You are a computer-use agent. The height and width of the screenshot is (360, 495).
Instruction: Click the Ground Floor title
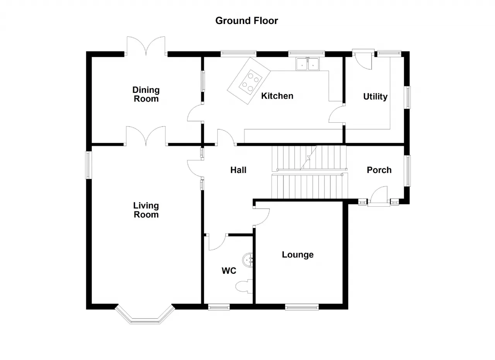coord(246,21)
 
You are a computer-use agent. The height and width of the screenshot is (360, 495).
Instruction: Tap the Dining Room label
coord(146,94)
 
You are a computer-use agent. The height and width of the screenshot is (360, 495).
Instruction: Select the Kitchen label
coord(277,96)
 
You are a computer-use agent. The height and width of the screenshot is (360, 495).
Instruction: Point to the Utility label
coord(375,97)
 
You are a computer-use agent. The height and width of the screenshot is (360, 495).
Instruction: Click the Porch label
coord(379,170)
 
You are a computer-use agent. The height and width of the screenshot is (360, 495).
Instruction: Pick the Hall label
coord(238,170)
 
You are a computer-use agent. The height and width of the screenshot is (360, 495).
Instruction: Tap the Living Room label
coord(146,210)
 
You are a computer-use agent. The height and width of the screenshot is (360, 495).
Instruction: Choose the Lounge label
coord(298,255)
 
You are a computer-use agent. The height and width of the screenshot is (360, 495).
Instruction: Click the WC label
coord(229,271)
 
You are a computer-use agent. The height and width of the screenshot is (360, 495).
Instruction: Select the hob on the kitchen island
coord(250,82)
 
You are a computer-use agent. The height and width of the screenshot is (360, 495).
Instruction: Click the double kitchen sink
coord(307,64)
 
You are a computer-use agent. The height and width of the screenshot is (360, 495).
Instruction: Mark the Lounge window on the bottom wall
coord(302,307)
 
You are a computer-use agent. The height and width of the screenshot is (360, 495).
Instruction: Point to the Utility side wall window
coord(408,97)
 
